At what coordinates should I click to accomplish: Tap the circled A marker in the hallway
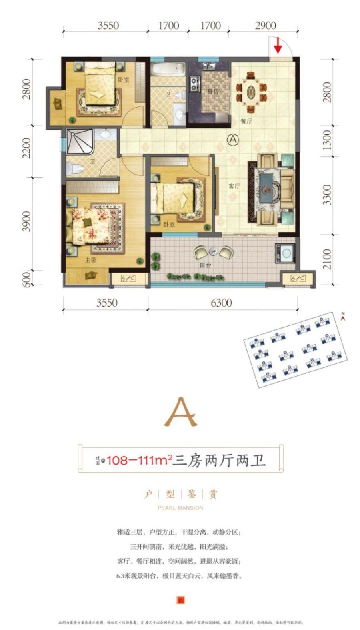coord(232,140)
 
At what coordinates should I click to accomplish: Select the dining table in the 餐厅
coord(250,92)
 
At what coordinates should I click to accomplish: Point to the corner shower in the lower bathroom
coord(79,141)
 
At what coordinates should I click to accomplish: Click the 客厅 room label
coord(234,186)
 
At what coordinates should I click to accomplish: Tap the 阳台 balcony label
coord(206,265)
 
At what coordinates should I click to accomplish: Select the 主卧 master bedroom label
coord(91,260)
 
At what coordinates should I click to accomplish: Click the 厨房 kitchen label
coord(213,92)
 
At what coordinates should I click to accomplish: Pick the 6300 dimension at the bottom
coord(221,303)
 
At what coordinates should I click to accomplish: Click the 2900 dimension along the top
coord(265,26)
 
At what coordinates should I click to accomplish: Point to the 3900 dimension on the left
coord(26,221)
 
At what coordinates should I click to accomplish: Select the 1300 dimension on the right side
coord(327,140)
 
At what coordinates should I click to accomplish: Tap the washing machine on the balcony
coord(285,253)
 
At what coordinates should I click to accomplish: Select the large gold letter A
coord(181,412)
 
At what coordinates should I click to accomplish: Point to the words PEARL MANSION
coord(180,508)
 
